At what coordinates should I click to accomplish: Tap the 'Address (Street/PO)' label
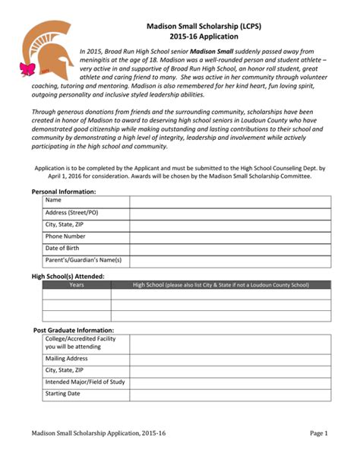(71, 213)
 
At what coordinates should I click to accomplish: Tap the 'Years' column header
(77, 285)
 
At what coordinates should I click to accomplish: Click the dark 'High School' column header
(220, 285)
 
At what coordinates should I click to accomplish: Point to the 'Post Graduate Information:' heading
(74, 331)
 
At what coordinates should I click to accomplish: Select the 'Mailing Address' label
(67, 358)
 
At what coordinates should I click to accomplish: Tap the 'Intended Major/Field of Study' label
(85, 382)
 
